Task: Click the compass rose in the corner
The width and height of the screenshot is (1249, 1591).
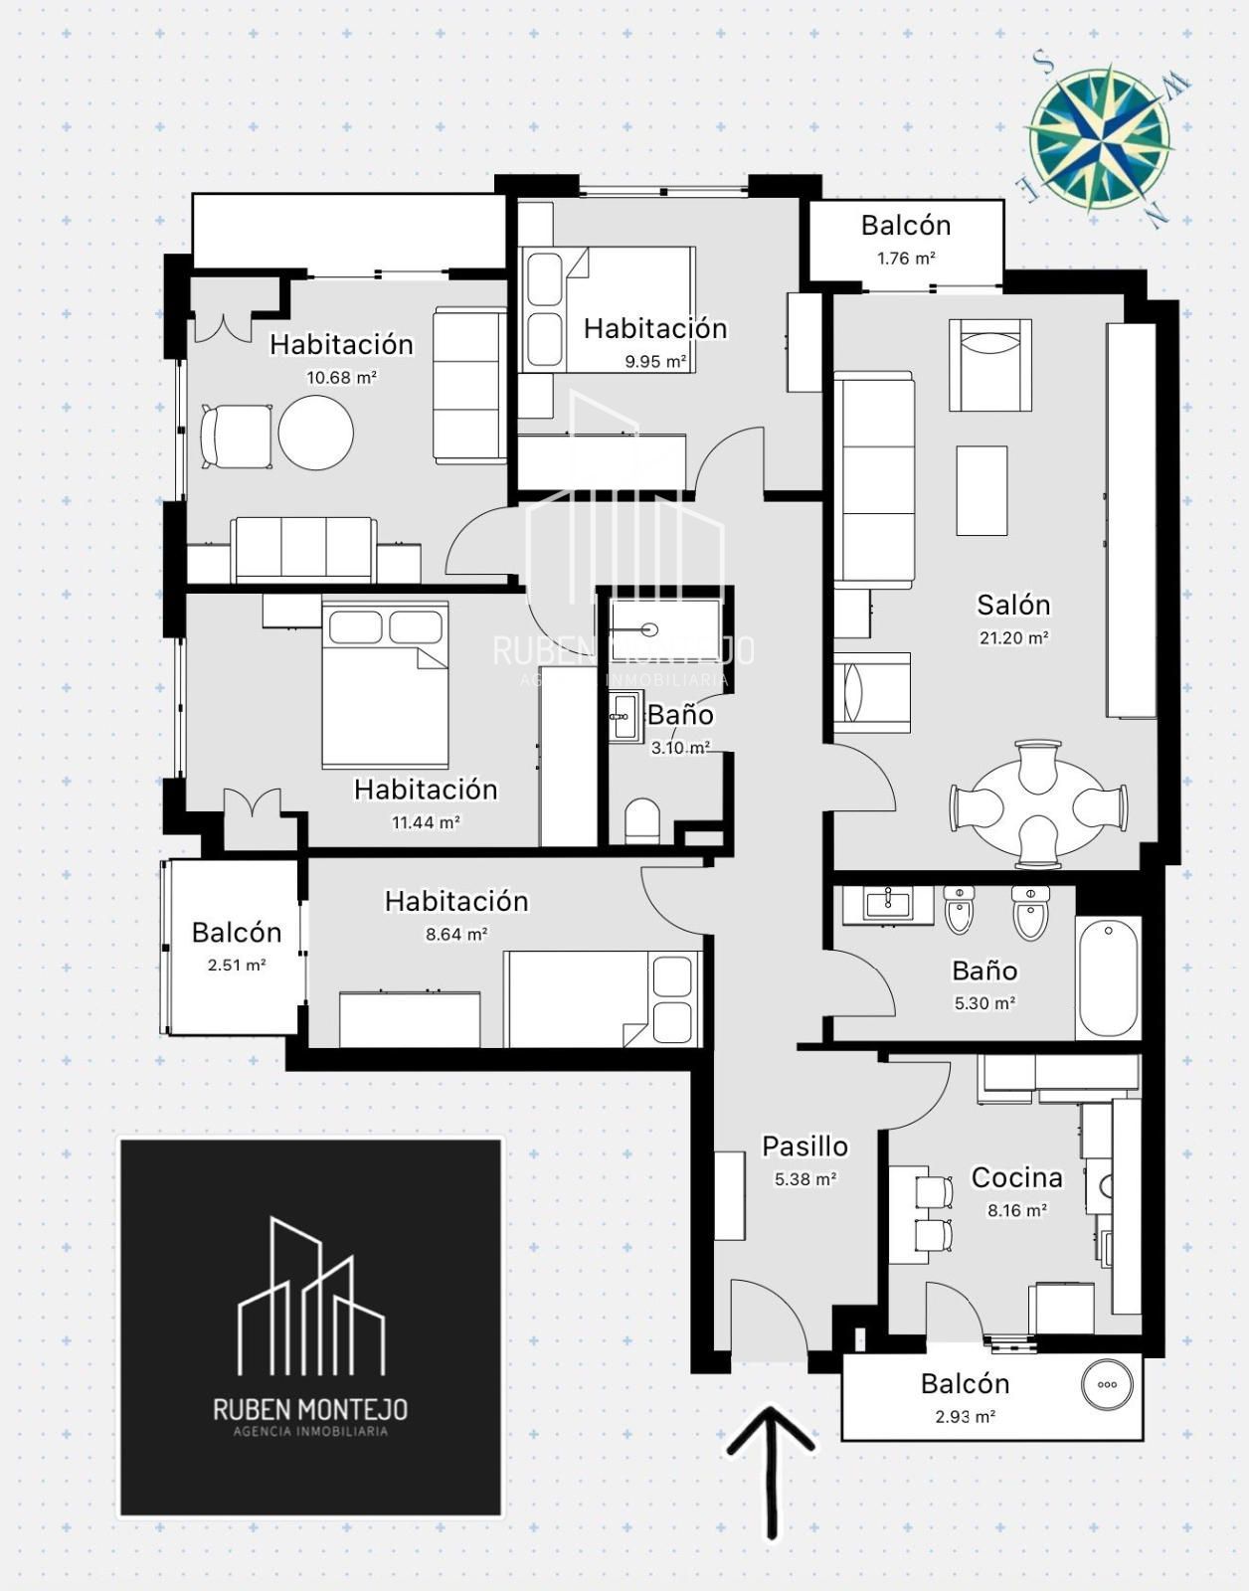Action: point(1101,138)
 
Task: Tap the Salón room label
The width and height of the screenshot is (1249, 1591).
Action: point(1013,605)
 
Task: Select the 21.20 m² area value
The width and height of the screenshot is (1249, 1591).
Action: point(1014,637)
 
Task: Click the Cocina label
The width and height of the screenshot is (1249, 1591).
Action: point(1017,1177)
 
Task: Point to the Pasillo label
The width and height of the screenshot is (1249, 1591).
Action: point(804,1146)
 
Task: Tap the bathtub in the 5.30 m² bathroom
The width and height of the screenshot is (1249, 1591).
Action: point(1108,976)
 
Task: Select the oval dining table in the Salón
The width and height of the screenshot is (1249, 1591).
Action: point(1038,805)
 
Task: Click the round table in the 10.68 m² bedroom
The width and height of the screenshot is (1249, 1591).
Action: point(315,433)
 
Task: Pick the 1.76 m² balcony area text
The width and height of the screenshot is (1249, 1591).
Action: point(906,259)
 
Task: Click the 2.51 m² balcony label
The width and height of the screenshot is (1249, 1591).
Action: point(237,933)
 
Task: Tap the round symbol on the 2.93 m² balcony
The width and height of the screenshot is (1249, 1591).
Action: point(1108,1384)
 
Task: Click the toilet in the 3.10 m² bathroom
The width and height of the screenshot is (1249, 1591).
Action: point(642,821)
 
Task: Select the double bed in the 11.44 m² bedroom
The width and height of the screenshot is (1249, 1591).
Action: point(385,685)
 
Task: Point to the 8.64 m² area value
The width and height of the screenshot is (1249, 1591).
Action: point(456,935)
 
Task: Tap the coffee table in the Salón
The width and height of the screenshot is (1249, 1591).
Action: point(981,490)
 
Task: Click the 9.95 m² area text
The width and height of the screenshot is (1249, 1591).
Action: point(655,362)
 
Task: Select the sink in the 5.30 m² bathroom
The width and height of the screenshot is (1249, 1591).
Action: point(888,905)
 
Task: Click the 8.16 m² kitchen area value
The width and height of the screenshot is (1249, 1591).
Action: point(1017,1210)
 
